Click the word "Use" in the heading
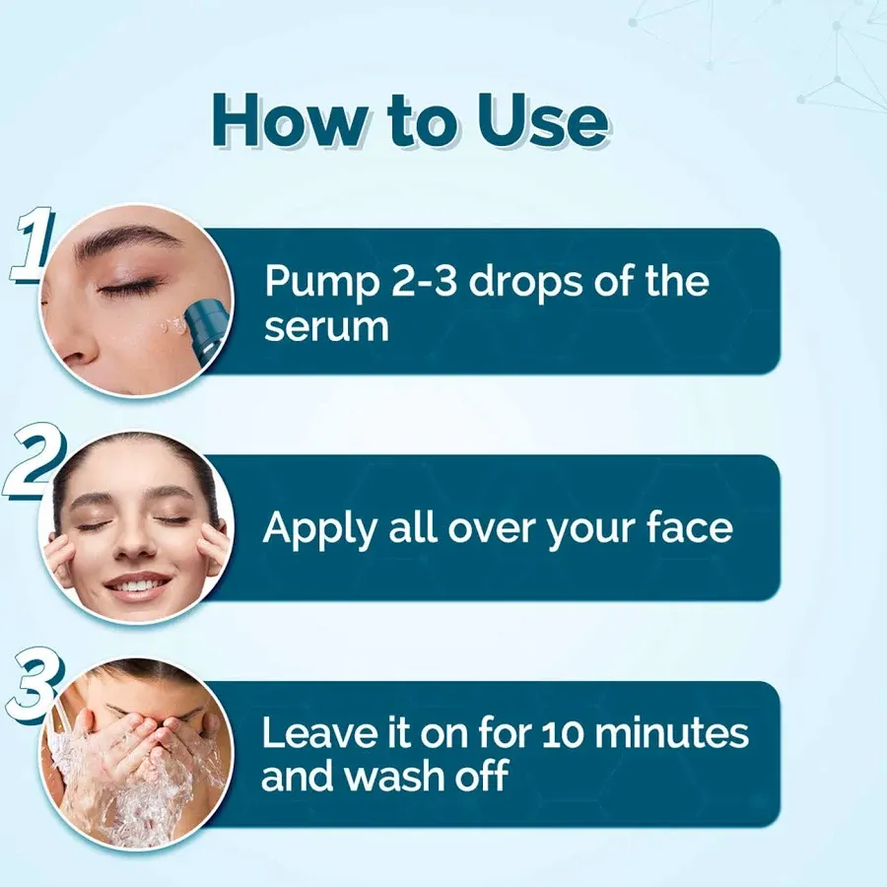[x=541, y=120]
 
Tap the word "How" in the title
[x=289, y=120]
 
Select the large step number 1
[x=33, y=245]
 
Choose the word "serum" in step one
[x=326, y=327]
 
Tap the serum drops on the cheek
[x=171, y=326]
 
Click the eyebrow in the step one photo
[x=127, y=238]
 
